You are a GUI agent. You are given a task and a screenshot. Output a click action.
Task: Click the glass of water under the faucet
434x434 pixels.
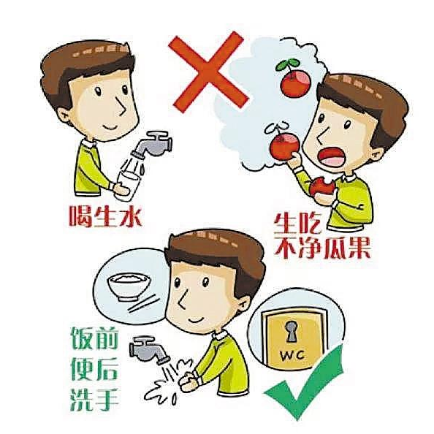pos(128,184)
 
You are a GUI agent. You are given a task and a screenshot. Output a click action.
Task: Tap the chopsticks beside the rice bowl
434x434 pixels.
pos(143,305)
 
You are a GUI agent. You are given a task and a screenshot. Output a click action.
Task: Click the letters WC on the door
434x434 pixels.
pos(292,354)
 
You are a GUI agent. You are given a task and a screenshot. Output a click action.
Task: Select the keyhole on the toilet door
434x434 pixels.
pos(291,331)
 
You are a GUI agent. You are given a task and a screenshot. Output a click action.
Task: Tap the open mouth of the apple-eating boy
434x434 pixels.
pos(330,156)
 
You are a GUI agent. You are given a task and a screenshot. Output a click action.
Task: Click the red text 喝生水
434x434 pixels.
pos(105,216)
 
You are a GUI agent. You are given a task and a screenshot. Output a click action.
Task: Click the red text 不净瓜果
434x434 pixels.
pos(322,248)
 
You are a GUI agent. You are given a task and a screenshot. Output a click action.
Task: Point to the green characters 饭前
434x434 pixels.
pos(95,338)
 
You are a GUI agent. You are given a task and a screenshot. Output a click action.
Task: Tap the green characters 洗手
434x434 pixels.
pos(94,400)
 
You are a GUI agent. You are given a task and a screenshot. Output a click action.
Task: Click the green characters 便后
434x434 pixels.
pos(95,369)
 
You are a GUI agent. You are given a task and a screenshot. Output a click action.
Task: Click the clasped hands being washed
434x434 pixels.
pos(189,381)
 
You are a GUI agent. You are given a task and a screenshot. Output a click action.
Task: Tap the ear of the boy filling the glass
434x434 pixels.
pos(64,114)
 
